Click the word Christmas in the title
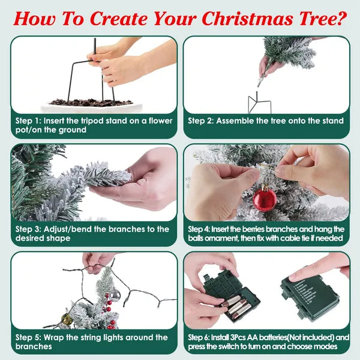(247, 19)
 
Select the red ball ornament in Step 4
(265, 199)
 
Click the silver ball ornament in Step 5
(115, 295)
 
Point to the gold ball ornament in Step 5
(67, 319)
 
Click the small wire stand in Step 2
(259, 103)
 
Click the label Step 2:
(201, 121)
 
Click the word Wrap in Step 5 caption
(54, 337)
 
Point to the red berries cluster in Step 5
(108, 308)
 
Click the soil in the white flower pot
(91, 103)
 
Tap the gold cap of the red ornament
(265, 188)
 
